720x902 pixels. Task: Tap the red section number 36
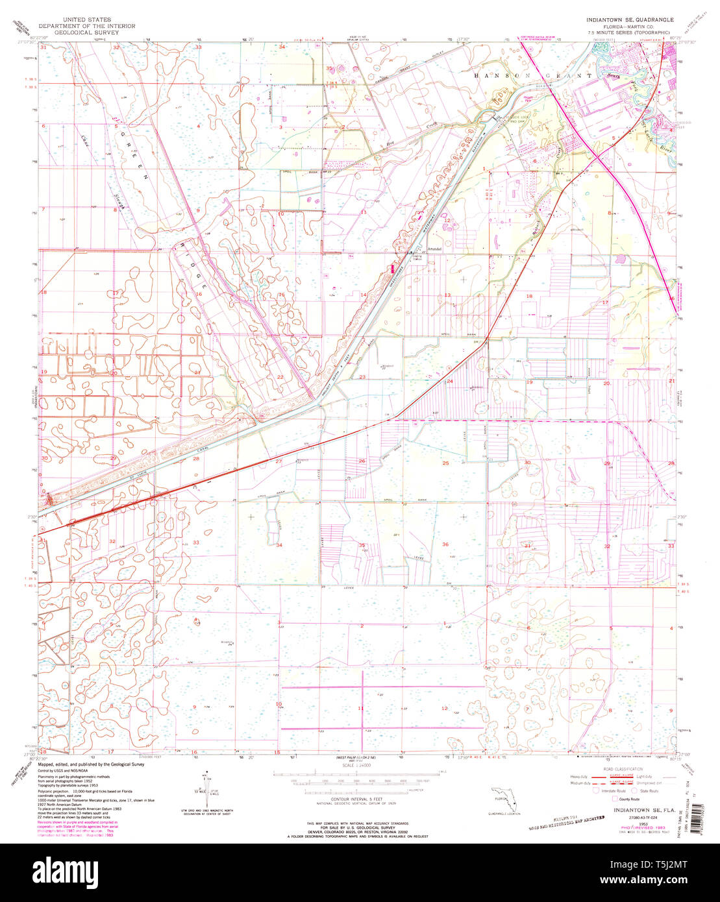(x=445, y=544)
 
